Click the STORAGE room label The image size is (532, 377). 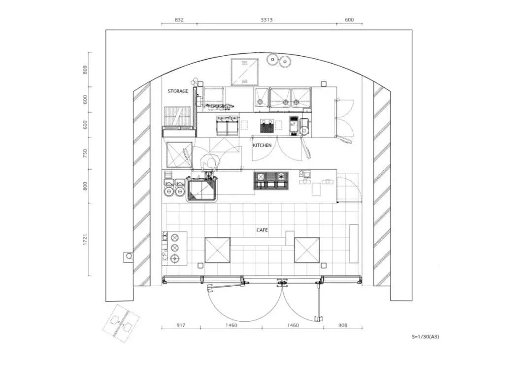tap(178, 91)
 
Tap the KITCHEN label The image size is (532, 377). tap(262, 145)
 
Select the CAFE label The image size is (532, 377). tap(262, 230)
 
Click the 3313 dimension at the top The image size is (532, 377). tap(266, 20)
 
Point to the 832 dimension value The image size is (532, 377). tap(179, 20)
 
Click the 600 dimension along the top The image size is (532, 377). tap(349, 20)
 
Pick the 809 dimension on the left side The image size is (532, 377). tap(85, 70)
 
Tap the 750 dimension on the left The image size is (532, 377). tap(85, 153)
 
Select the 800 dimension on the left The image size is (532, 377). tap(85, 186)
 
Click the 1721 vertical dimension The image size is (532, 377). tap(85, 239)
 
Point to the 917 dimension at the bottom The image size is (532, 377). tap(181, 325)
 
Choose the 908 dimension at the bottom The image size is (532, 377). tap(343, 325)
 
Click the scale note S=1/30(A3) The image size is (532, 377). tap(426, 337)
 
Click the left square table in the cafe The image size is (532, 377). tap(218, 250)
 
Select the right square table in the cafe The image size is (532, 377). tap(307, 250)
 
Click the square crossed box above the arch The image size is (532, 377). tap(244, 72)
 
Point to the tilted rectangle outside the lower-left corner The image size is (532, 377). tap(121, 323)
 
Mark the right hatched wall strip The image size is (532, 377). tap(382, 184)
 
